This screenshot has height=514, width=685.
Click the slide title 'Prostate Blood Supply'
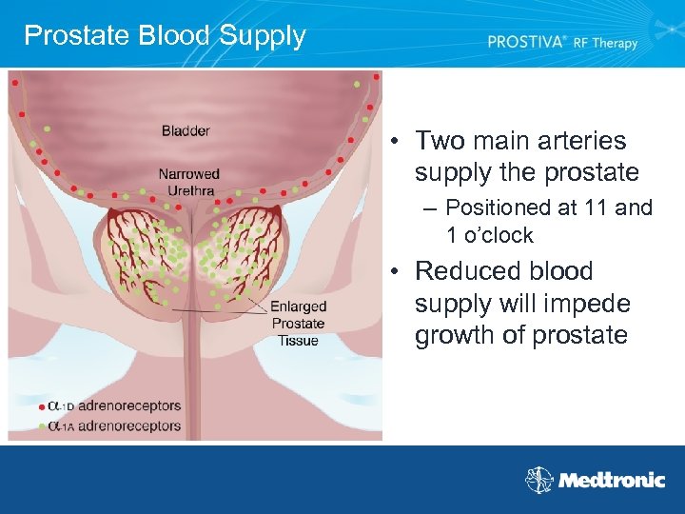(x=165, y=36)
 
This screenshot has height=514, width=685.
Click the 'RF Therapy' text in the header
(x=605, y=43)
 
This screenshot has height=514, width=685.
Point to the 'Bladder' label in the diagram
(x=186, y=130)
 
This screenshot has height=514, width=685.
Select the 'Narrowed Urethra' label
(x=188, y=182)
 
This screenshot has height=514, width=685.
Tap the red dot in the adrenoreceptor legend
(x=41, y=406)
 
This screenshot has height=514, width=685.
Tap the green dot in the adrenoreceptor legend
(x=41, y=426)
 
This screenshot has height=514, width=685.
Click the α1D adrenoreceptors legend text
(x=114, y=406)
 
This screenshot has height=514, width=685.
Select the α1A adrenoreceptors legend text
(x=114, y=426)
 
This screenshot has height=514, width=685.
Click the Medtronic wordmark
(x=611, y=481)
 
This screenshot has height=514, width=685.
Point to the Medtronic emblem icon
(x=539, y=480)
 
